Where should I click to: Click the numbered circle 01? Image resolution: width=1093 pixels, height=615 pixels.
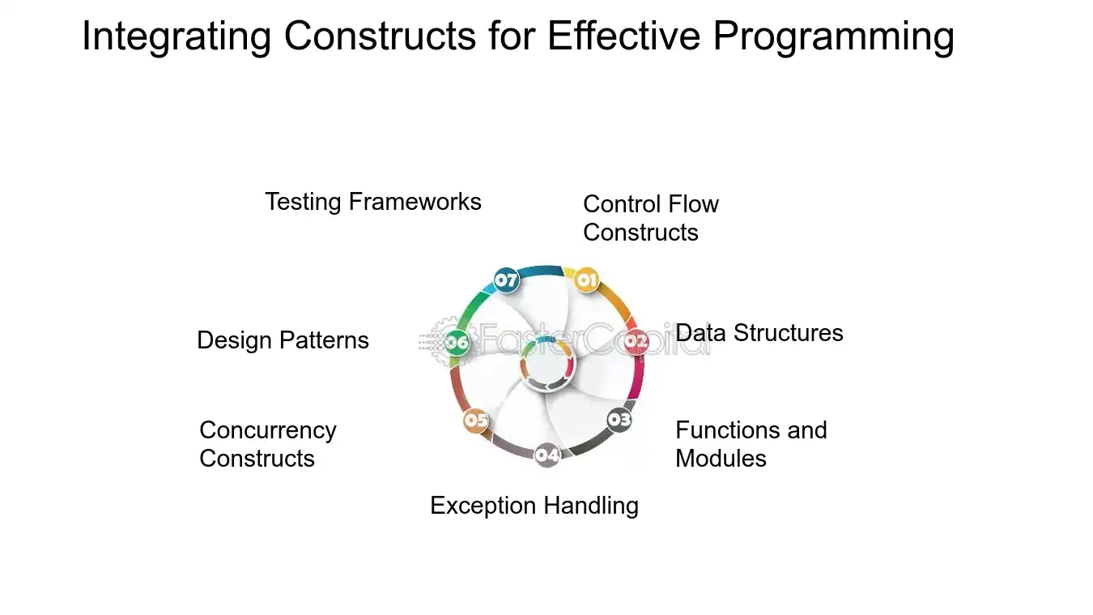[587, 280]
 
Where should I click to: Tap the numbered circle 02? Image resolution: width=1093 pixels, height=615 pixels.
[636, 341]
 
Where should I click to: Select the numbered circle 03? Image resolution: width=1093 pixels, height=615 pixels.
[619, 420]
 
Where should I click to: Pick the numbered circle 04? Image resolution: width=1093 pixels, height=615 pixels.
[547, 455]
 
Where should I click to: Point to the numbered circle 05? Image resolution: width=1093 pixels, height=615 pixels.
[476, 420]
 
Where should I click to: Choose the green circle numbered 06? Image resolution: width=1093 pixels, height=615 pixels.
[457, 342]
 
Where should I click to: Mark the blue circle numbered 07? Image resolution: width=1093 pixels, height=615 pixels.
[506, 280]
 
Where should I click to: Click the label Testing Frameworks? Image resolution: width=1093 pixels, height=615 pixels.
[373, 202]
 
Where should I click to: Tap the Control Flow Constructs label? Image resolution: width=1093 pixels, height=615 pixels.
[651, 218]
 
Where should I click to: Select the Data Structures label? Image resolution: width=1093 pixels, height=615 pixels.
[759, 333]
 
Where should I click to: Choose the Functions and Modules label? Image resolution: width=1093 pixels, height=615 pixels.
[751, 444]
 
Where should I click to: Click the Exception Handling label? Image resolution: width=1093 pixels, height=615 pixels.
[534, 506]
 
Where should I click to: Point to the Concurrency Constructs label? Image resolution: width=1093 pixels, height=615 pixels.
[268, 444]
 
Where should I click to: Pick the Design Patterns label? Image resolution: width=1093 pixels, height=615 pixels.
[283, 340]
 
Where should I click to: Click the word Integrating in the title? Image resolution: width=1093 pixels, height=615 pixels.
[176, 37]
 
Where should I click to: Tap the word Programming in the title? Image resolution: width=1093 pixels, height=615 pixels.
[833, 37]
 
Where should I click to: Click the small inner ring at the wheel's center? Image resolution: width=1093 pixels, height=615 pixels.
[547, 364]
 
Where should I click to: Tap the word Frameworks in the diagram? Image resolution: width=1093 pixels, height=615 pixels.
[415, 202]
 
